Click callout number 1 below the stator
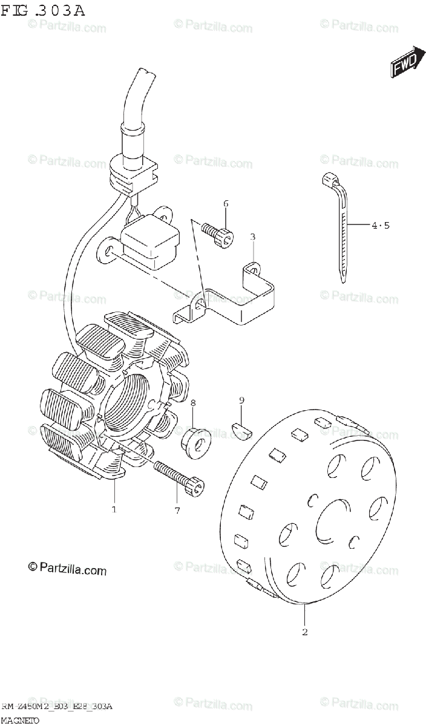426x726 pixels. [114, 510]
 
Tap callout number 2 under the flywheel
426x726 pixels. [304, 632]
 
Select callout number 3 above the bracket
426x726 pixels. [253, 237]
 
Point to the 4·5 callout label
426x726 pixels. [381, 226]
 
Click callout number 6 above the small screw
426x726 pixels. [226, 203]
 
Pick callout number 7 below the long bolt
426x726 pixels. [177, 511]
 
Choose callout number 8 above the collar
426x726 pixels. [193, 403]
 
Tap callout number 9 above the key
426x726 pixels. [241, 400]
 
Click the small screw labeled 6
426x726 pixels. [218, 234]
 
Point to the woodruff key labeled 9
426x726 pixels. [243, 430]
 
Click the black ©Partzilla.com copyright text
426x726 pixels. [67, 569]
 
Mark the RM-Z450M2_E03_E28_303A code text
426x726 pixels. [57, 707]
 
